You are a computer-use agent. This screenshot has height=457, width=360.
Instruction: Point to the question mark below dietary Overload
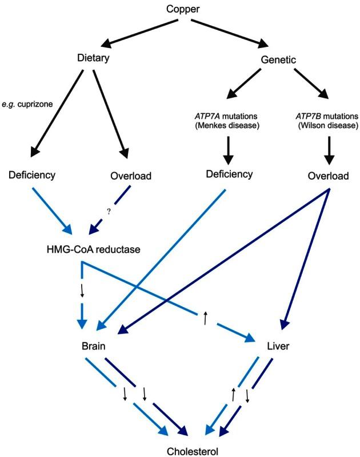pyautogui.click(x=108, y=210)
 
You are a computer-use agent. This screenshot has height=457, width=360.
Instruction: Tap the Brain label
pyautogui.click(x=94, y=347)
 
